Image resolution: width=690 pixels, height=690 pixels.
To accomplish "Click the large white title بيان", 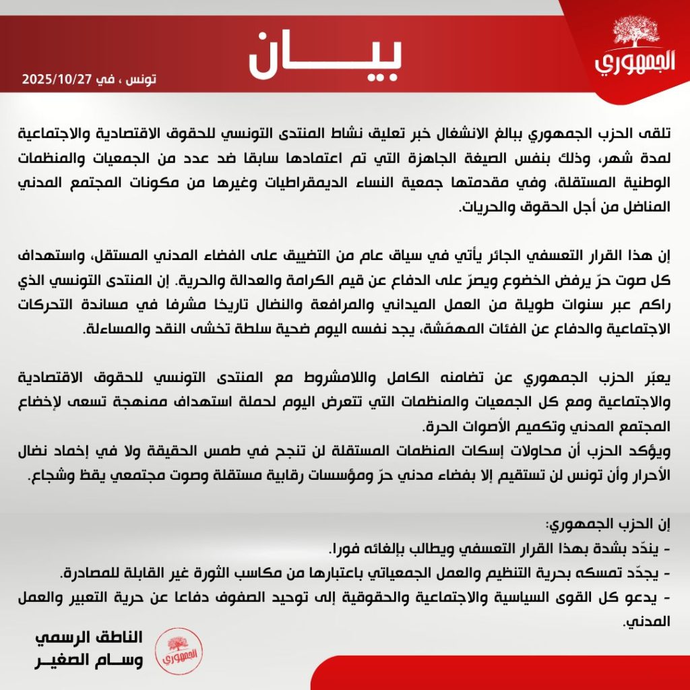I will pyautogui.click(x=325, y=54).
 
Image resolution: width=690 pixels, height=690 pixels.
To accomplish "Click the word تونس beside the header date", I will pyautogui.click(x=142, y=78).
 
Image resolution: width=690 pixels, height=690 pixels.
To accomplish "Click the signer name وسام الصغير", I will pyautogui.click(x=88, y=662).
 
